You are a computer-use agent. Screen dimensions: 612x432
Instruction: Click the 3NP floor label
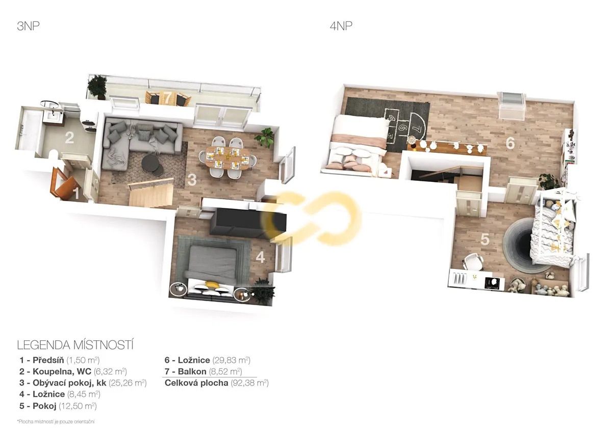pos(28,26)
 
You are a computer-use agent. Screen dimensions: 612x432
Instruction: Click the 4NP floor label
pos(341,26)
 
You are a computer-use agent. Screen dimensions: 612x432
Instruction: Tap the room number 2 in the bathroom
pos(69,138)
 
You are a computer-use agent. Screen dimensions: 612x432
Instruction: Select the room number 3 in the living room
pos(192,180)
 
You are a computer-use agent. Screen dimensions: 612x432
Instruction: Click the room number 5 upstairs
pos(484,239)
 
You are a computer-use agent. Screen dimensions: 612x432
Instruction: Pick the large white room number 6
pos(510,143)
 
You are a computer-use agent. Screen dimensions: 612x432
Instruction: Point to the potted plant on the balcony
pos(97,86)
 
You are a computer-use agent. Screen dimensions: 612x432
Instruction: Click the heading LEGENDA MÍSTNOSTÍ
pos(75,345)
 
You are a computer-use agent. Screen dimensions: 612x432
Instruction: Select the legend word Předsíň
pos(48,360)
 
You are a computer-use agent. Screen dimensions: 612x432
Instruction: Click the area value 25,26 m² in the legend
pos(127,383)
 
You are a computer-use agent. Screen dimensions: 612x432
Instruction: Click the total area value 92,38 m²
pos(250,383)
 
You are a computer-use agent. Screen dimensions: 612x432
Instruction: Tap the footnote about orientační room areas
pos(56,422)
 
